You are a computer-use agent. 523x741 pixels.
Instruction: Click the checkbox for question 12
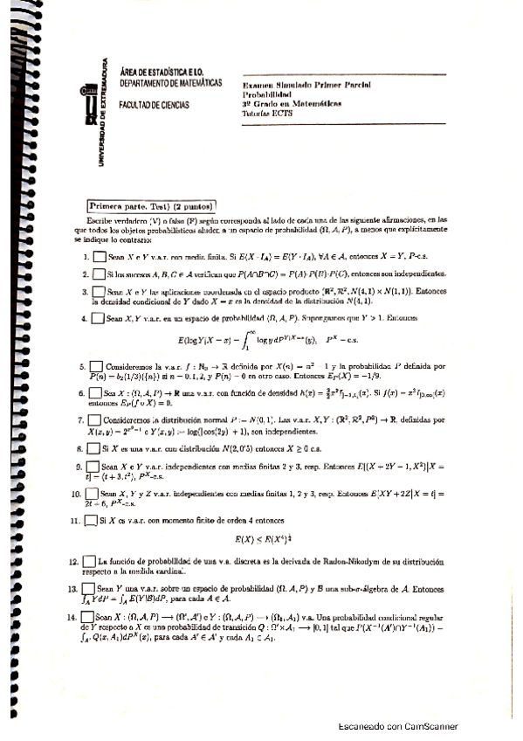(x=87, y=560)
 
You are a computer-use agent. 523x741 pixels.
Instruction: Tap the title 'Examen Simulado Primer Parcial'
(x=306, y=84)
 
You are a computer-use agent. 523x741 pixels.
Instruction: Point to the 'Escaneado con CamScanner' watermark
(x=397, y=727)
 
